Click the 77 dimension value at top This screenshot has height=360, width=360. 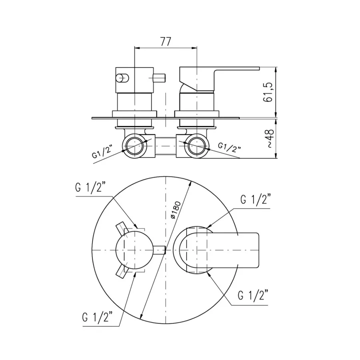tap(166, 42)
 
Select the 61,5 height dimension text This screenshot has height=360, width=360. tap(268, 92)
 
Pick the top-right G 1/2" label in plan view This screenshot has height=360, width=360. tap(256, 199)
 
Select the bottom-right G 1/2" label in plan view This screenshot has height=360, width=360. tap(253, 295)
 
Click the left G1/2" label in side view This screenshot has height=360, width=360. tap(102, 152)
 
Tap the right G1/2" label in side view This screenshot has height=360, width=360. tap(229, 147)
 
